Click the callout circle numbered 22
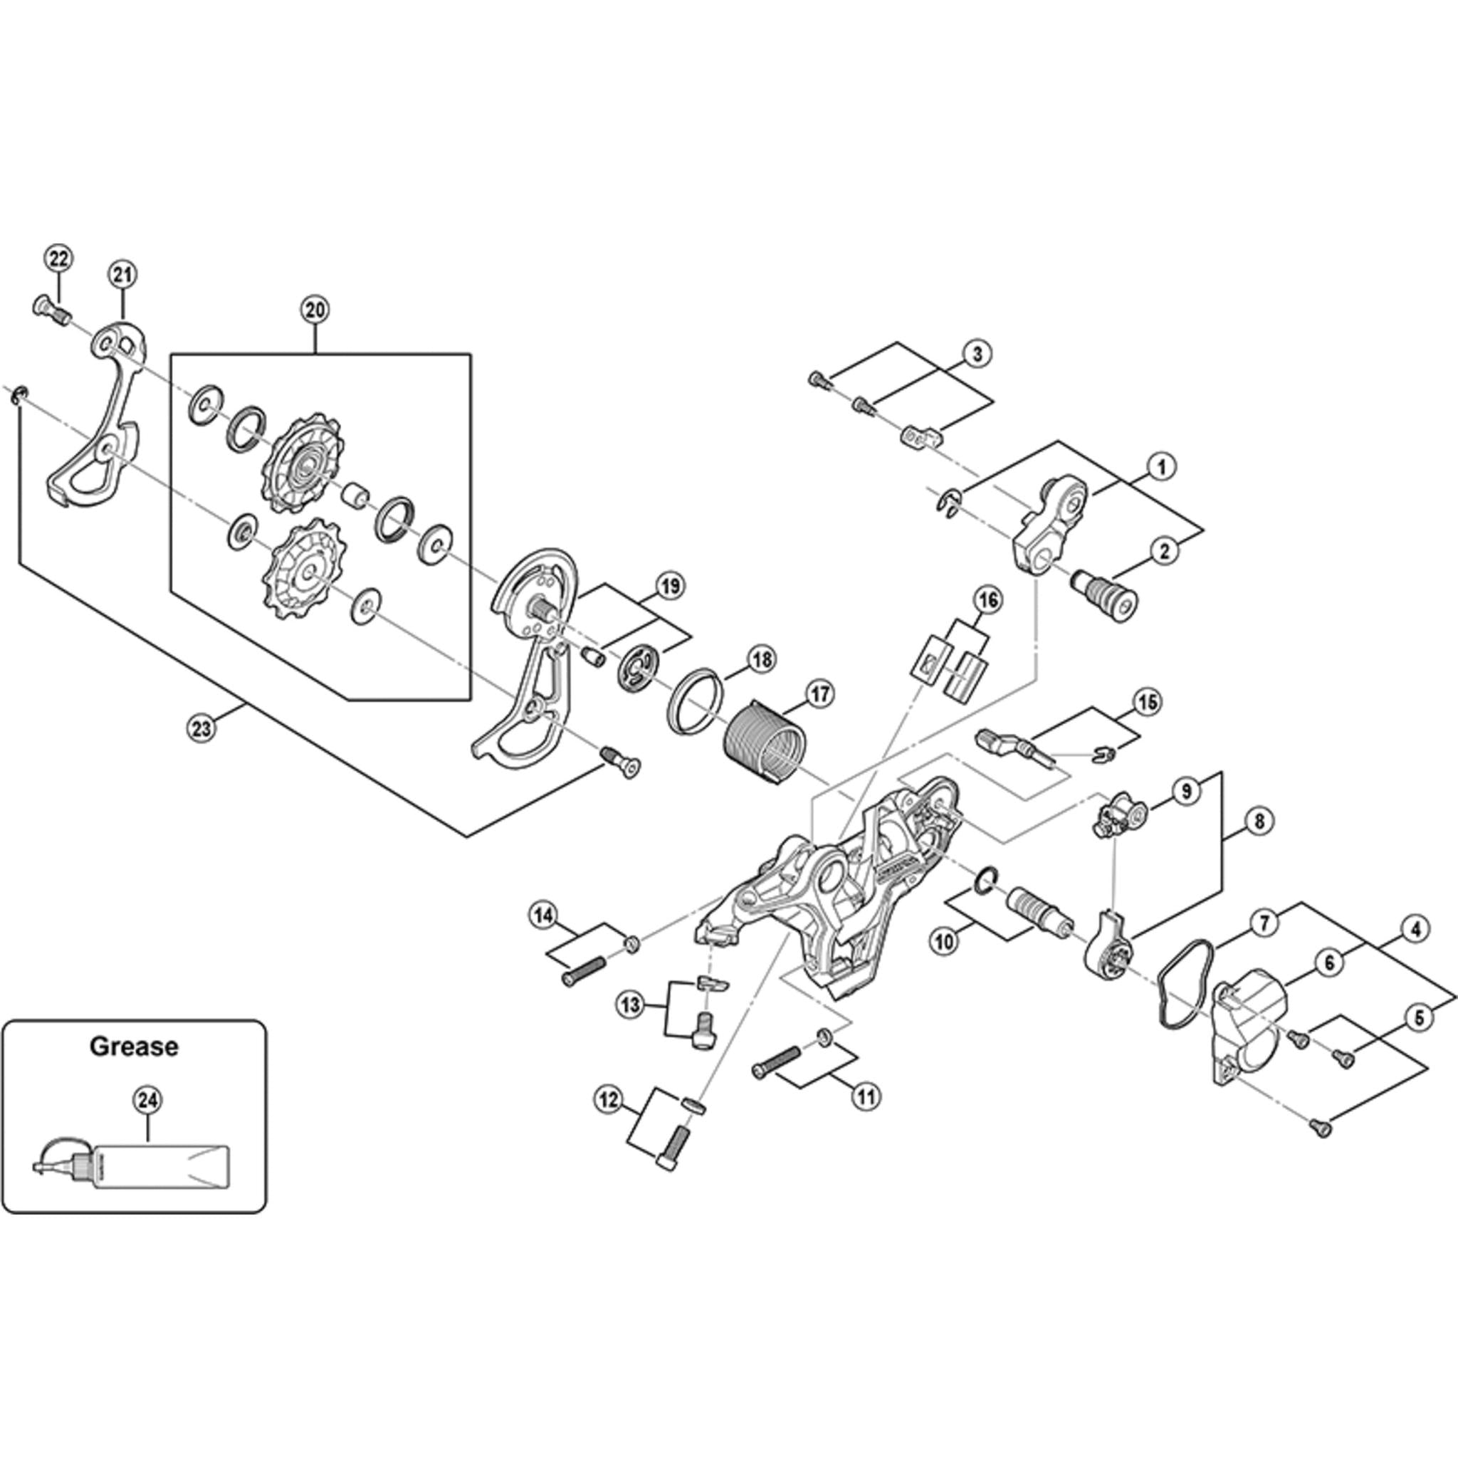point(58,259)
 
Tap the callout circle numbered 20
point(315,310)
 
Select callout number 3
point(977,353)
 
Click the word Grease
point(134,1047)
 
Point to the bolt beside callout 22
point(50,309)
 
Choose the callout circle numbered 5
point(1419,1018)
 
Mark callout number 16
point(988,601)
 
